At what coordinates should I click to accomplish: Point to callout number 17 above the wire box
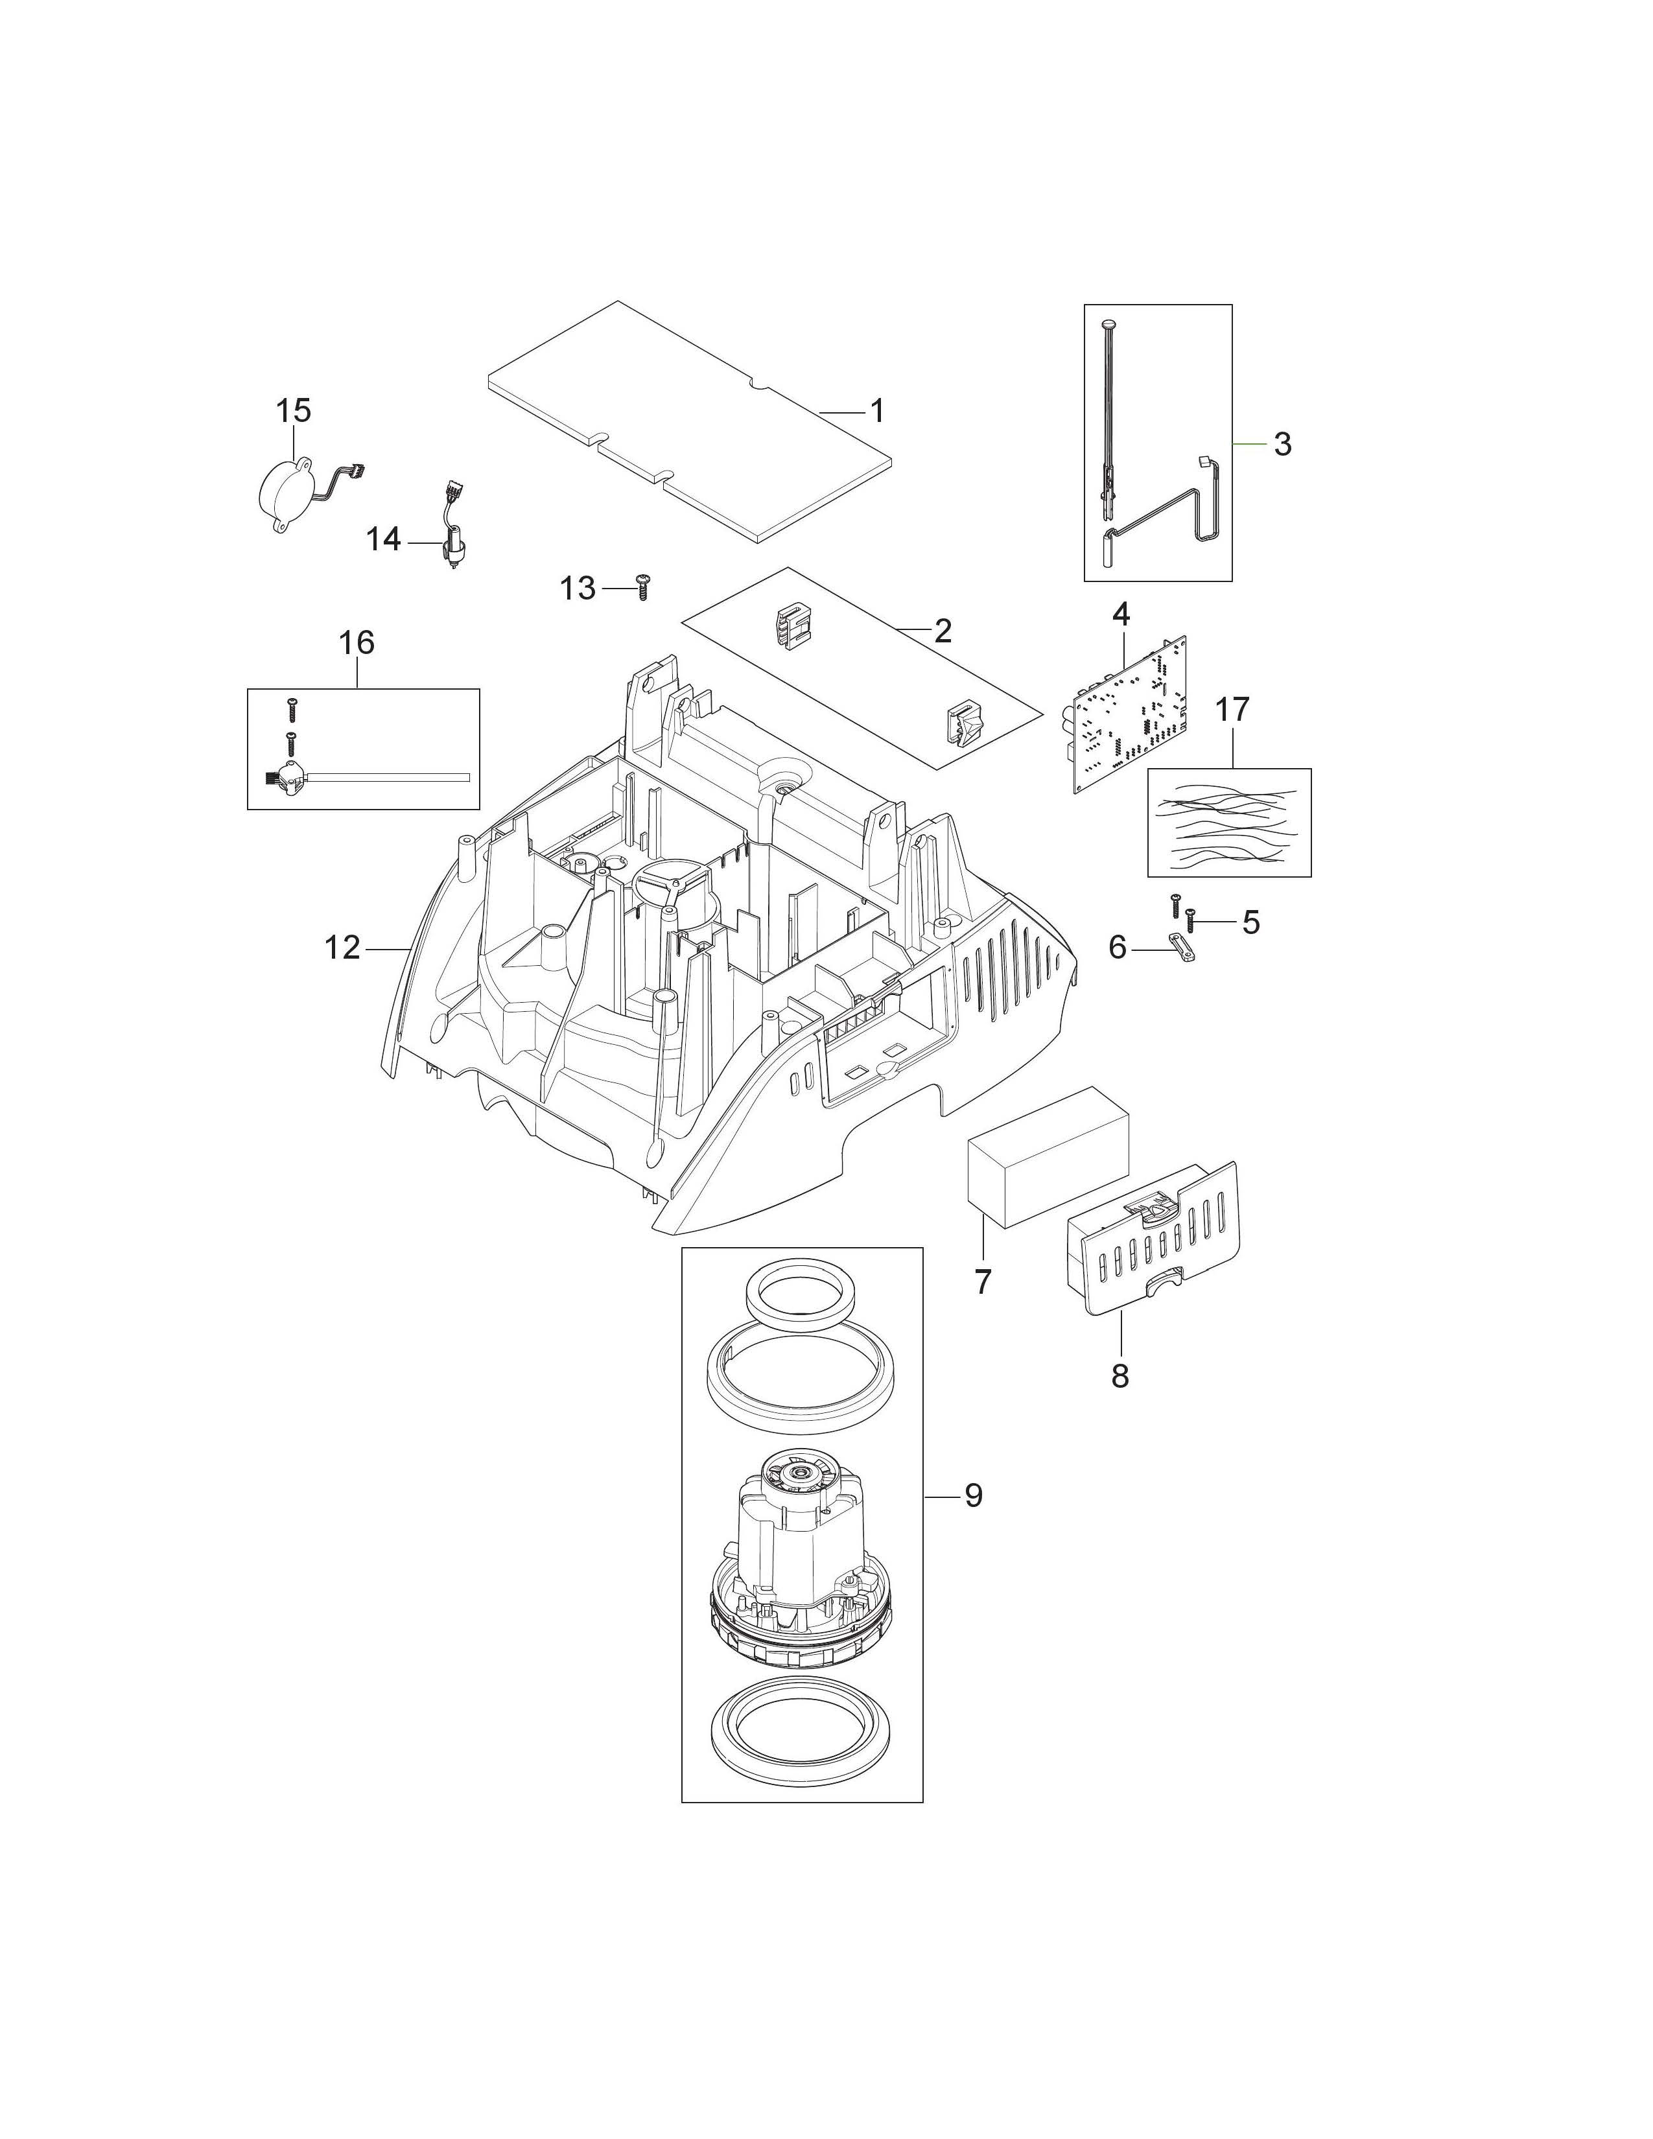coord(1232,709)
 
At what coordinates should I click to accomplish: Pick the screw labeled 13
coord(642,588)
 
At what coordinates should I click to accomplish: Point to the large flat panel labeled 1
coord(690,421)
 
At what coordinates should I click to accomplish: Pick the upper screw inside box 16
coord(290,708)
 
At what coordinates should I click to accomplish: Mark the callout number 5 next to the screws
coord(1250,922)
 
